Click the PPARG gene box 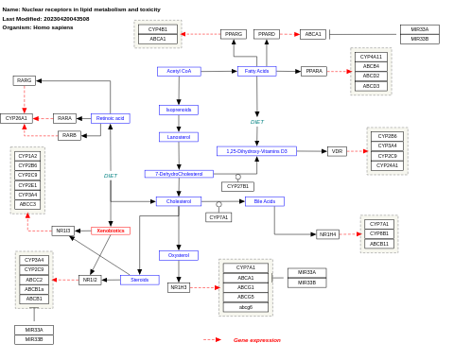tap(234, 34)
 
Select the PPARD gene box tap(267, 34)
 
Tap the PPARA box tap(314, 71)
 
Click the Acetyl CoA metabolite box tap(179, 71)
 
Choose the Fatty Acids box tap(256, 71)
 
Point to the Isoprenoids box tap(179, 110)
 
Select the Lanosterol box tap(179, 137)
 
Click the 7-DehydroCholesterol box tap(179, 174)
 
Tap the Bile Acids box tap(265, 201)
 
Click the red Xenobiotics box tap(111, 231)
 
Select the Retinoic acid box tap(111, 118)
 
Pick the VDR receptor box tap(337, 151)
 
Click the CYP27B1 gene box tap(237, 186)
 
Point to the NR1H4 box tap(327, 234)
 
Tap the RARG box tap(25, 80)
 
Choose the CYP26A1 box tap(16, 118)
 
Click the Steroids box tap(140, 280)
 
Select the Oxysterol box tap(179, 255)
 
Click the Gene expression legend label tap(257, 340)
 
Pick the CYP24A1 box tap(387, 165)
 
